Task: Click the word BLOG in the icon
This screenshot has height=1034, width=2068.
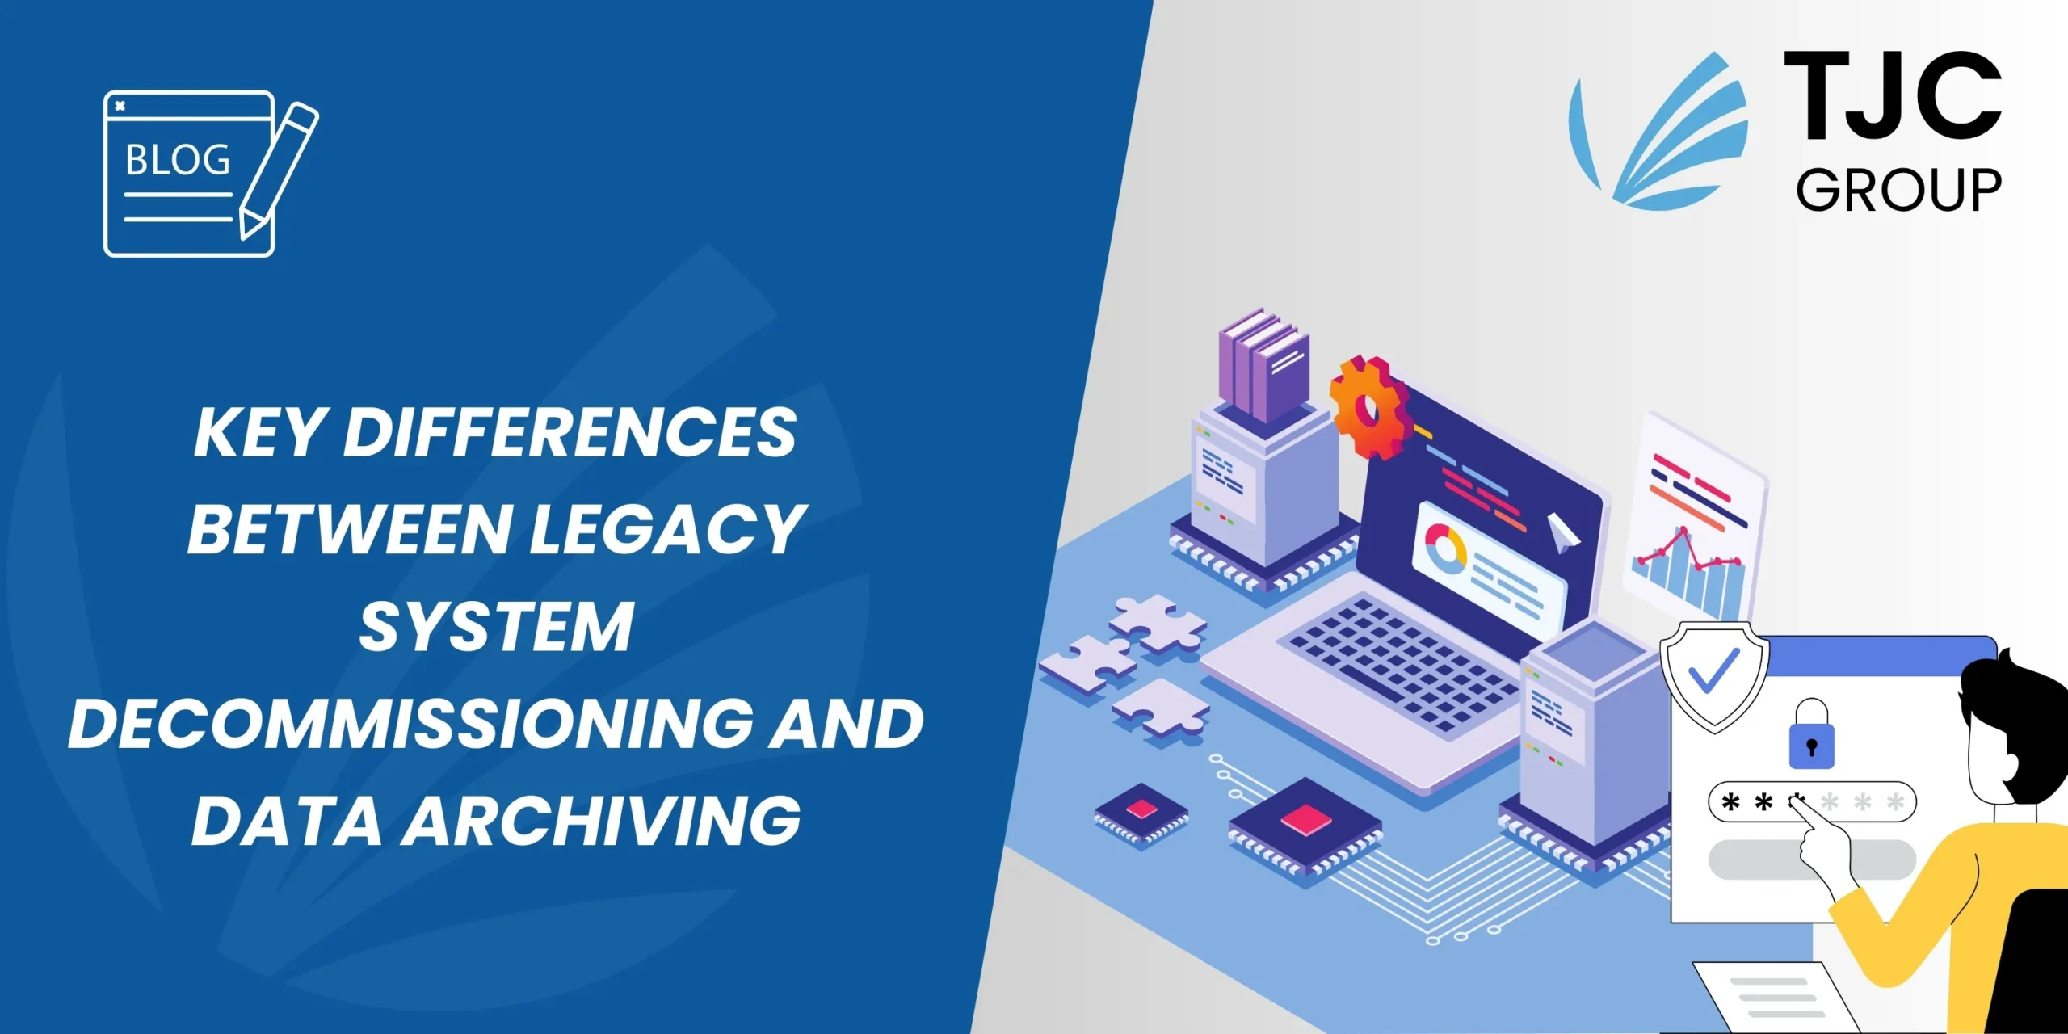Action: [178, 160]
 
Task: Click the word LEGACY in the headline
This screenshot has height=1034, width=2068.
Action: [667, 530]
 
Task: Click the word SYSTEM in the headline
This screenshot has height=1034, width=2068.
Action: [496, 627]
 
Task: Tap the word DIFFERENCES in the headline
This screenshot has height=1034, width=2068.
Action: [570, 433]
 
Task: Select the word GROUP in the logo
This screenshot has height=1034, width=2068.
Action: [1898, 191]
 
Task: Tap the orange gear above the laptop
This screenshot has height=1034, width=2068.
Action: [1368, 409]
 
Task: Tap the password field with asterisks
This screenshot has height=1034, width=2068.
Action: [1812, 802]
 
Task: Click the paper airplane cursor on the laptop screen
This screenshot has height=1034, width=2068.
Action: [1561, 533]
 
